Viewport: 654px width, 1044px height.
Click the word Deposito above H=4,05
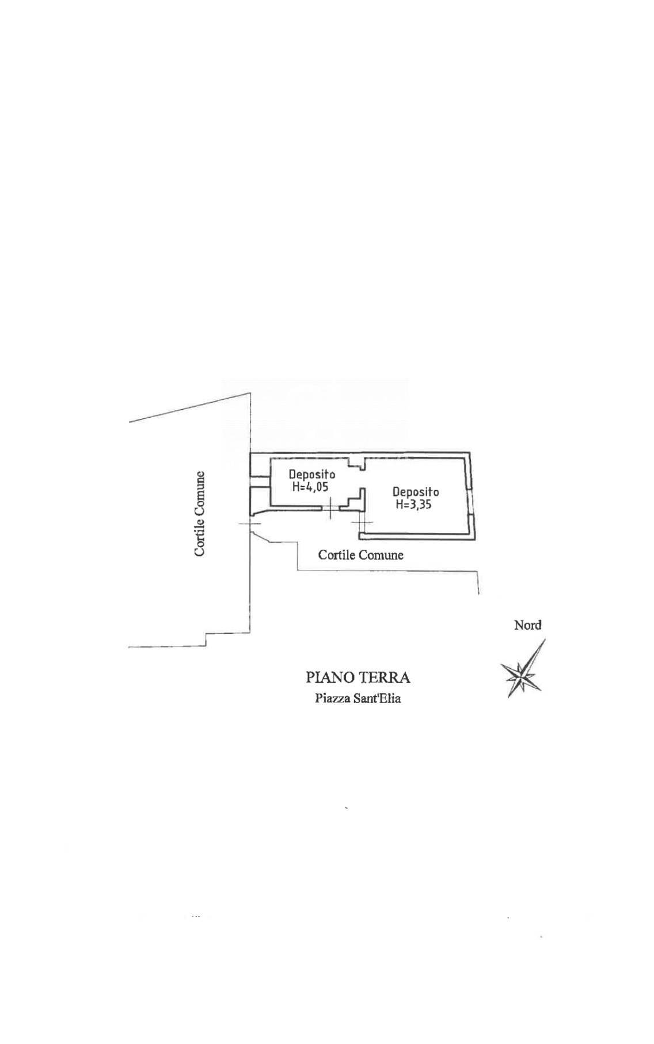(312, 475)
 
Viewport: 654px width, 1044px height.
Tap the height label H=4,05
(310, 487)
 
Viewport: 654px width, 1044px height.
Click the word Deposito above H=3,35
(416, 492)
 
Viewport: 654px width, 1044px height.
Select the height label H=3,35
(414, 505)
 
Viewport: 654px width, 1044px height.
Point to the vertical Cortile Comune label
(200, 514)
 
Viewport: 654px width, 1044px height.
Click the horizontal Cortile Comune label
(361, 555)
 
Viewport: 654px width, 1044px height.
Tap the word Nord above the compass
(528, 625)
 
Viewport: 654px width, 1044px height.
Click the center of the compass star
(522, 674)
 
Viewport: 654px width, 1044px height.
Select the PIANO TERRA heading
(358, 677)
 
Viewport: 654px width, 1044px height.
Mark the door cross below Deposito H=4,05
(330, 508)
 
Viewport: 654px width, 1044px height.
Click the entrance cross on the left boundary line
(250, 524)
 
